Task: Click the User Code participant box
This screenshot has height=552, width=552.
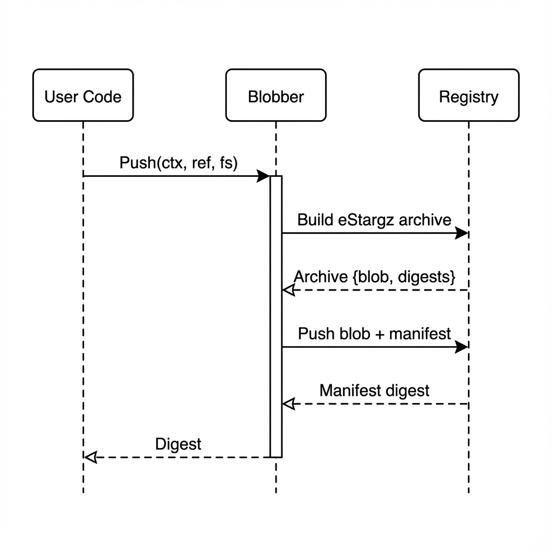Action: pos(83,95)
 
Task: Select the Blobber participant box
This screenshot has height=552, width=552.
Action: pos(276,95)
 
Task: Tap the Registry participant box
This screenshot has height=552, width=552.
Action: pos(468,95)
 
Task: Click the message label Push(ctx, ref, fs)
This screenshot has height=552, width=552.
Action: pos(178,162)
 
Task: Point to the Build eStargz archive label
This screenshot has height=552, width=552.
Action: pos(374,219)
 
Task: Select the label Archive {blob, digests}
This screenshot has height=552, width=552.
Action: pos(375,277)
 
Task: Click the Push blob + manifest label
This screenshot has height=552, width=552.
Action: pos(374,334)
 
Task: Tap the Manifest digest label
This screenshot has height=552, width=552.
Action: pos(374,390)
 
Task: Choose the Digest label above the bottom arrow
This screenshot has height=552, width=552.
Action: pos(178,444)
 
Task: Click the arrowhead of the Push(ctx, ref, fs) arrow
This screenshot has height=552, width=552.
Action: pos(264,176)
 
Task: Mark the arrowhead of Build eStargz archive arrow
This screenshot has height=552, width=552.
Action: pos(461,233)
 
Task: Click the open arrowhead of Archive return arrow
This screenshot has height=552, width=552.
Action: pos(289,290)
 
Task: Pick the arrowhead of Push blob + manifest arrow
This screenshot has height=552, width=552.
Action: pos(461,347)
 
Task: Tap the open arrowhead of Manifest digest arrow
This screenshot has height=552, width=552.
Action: pos(289,404)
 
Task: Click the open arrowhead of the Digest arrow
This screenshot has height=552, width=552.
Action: pos(91,457)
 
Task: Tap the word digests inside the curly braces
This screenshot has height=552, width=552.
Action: pos(426,277)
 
